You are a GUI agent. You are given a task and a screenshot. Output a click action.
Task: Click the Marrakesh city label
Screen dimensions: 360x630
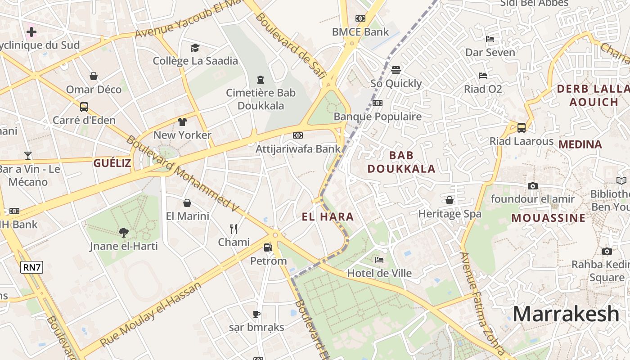pos(566,314)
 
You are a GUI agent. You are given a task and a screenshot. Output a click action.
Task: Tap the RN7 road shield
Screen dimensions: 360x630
pos(32,267)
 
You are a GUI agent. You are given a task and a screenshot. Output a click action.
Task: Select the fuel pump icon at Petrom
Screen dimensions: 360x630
pos(268,247)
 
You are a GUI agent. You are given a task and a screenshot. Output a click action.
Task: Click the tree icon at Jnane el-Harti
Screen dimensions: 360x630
pos(123,232)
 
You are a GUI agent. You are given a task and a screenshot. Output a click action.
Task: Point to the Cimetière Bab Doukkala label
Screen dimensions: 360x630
pos(261,99)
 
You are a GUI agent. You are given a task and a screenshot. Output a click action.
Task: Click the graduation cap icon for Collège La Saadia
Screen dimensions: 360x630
pos(195,48)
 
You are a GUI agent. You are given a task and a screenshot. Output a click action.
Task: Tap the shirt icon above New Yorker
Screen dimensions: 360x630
pos(182,121)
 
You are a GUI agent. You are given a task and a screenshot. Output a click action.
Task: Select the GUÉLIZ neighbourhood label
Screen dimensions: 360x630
pos(112,163)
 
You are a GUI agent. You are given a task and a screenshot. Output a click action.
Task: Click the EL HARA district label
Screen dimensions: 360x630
pos(328,217)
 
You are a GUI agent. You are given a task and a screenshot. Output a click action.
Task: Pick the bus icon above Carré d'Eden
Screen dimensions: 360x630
pos(84,107)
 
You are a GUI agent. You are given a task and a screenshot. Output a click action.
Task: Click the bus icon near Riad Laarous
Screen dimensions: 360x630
pos(521,127)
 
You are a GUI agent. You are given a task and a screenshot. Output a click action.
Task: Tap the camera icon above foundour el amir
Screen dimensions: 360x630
pos(532,186)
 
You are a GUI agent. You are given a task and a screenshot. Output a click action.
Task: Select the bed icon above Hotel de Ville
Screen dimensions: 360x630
pos(379,260)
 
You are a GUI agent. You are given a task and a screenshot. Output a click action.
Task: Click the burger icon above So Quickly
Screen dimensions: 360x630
pos(396,70)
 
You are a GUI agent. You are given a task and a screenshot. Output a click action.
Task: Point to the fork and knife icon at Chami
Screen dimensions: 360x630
pos(234,229)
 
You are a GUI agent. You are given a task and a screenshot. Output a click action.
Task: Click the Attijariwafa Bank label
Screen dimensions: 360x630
pos(298,148)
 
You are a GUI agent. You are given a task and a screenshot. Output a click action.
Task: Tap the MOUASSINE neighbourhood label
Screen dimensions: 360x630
pos(549,218)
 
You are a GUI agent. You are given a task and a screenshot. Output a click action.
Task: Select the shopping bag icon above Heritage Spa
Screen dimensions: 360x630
pos(450,200)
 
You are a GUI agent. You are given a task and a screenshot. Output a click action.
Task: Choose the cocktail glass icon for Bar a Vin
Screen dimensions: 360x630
pos(28,156)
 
